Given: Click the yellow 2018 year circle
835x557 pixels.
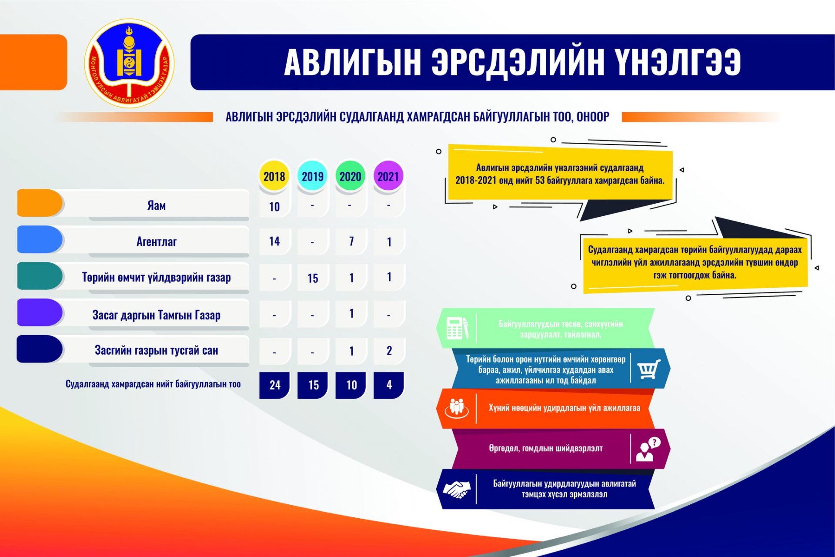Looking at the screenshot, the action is click(x=274, y=176).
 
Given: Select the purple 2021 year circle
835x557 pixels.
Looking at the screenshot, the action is click(x=388, y=176).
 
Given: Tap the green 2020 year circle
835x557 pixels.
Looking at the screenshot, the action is click(x=351, y=176).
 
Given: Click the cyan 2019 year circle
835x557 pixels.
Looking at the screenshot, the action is click(x=312, y=176).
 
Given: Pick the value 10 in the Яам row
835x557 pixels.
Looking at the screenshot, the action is click(x=274, y=207).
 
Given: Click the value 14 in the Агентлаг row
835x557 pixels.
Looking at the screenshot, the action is click(x=274, y=241).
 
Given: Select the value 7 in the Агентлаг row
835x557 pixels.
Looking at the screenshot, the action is click(x=351, y=241).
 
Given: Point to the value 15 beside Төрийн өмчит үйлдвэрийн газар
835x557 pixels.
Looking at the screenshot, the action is click(x=313, y=278).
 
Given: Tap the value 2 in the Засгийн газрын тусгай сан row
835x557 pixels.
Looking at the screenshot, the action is click(x=389, y=351).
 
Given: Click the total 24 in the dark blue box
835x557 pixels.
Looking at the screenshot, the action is click(x=275, y=385).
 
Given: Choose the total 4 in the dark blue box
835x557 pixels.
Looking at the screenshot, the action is click(x=389, y=385).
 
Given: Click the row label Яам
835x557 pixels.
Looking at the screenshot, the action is click(x=157, y=205).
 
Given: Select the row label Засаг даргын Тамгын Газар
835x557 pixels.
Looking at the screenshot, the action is click(x=157, y=315).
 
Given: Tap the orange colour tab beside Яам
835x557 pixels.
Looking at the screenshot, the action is click(x=40, y=203).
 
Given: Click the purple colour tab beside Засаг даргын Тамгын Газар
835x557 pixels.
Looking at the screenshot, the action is click(x=40, y=312).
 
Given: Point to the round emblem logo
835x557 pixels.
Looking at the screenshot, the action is click(x=129, y=63).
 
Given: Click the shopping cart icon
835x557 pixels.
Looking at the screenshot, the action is click(x=649, y=369).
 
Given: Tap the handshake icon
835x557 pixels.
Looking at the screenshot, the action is click(x=456, y=489).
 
